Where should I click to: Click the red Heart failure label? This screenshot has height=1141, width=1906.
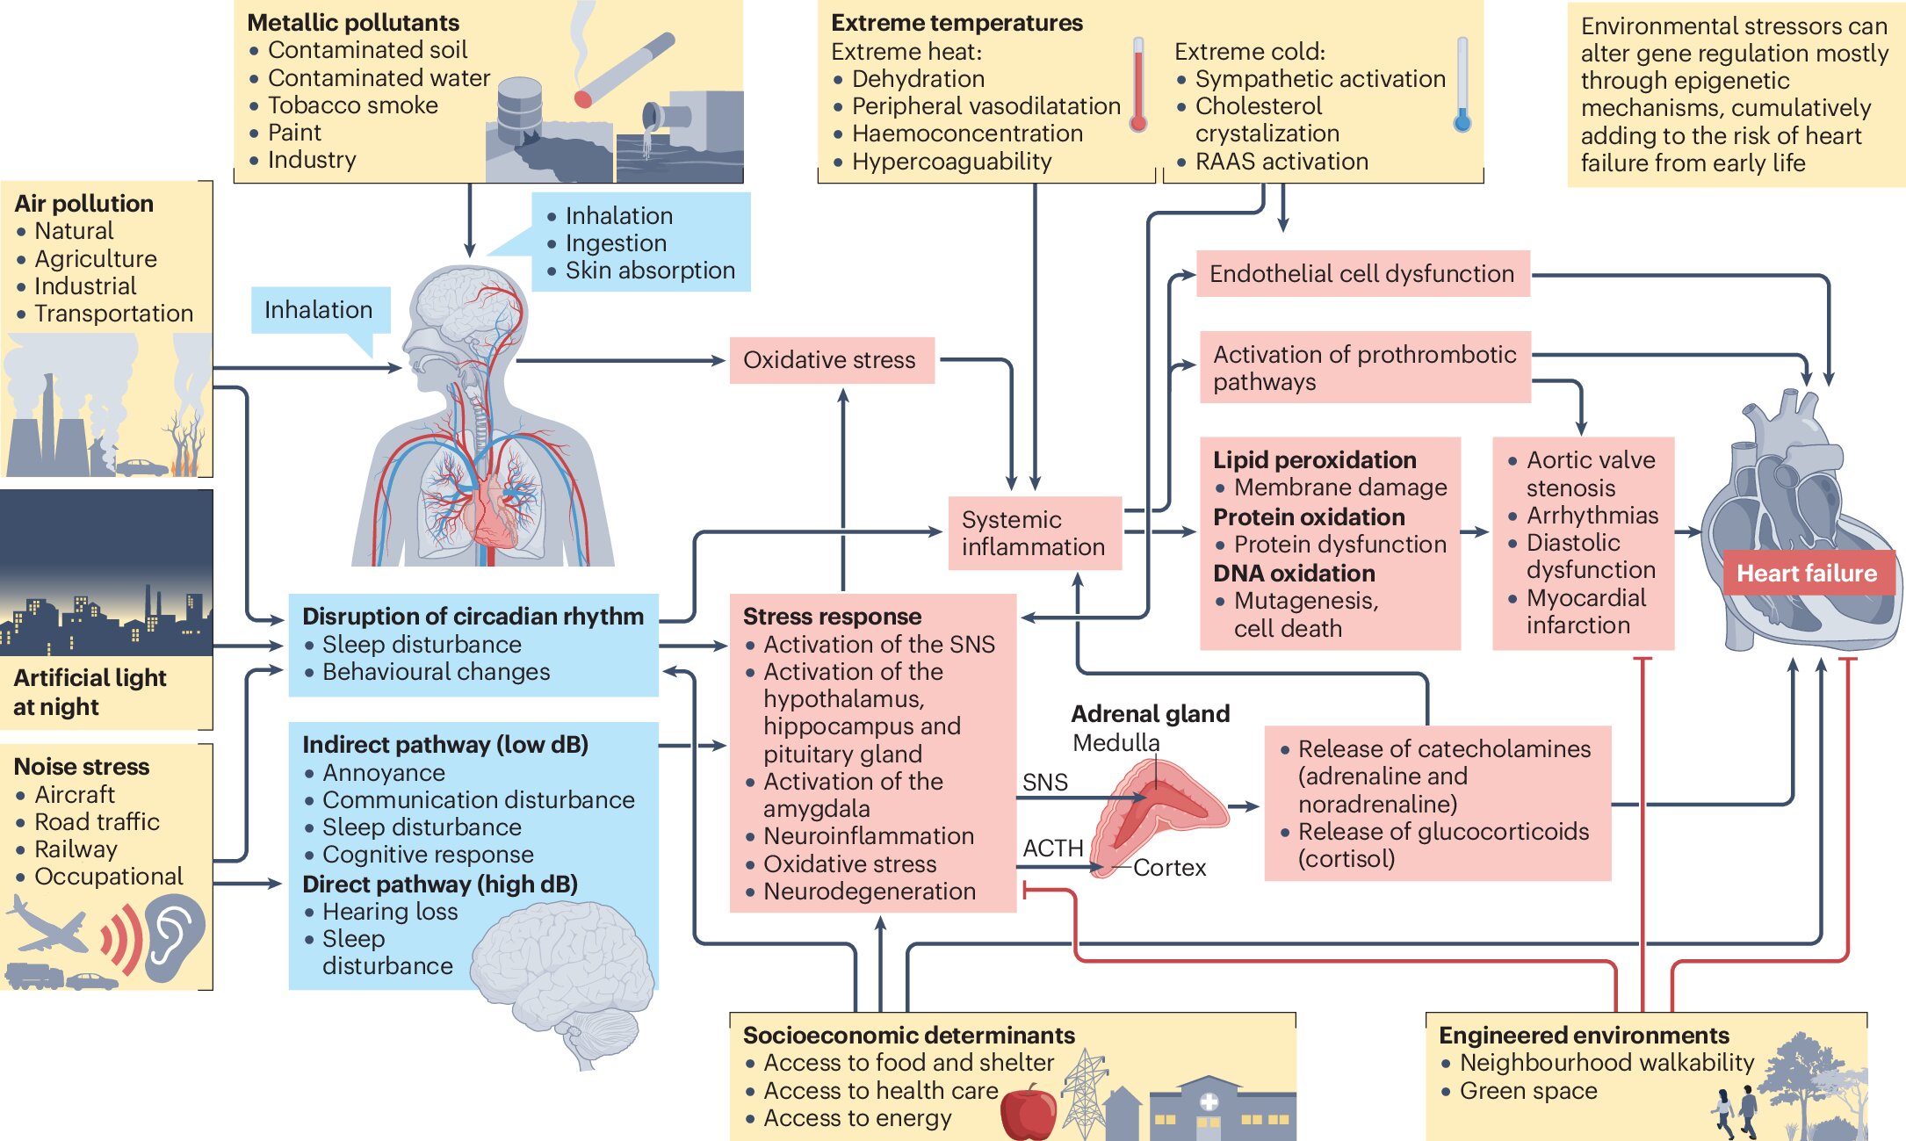(1807, 574)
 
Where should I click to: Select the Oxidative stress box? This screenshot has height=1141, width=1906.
(831, 360)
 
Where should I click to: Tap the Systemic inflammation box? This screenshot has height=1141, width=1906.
(1034, 533)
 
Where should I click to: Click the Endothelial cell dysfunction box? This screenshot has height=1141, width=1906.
(1362, 274)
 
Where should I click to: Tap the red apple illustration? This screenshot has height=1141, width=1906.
(1029, 1112)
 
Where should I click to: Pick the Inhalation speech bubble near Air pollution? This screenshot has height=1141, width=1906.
(319, 310)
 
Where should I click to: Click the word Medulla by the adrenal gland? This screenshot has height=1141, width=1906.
(1115, 743)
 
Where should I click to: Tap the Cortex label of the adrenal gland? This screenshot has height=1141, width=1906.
(1169, 868)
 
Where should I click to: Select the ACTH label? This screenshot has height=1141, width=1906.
(1052, 849)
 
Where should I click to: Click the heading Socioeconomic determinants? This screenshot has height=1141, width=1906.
(909, 1036)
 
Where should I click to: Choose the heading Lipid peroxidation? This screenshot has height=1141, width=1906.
(1314, 460)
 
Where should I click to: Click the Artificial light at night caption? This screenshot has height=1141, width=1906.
(89, 692)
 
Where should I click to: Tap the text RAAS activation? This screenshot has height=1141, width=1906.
(1281, 162)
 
